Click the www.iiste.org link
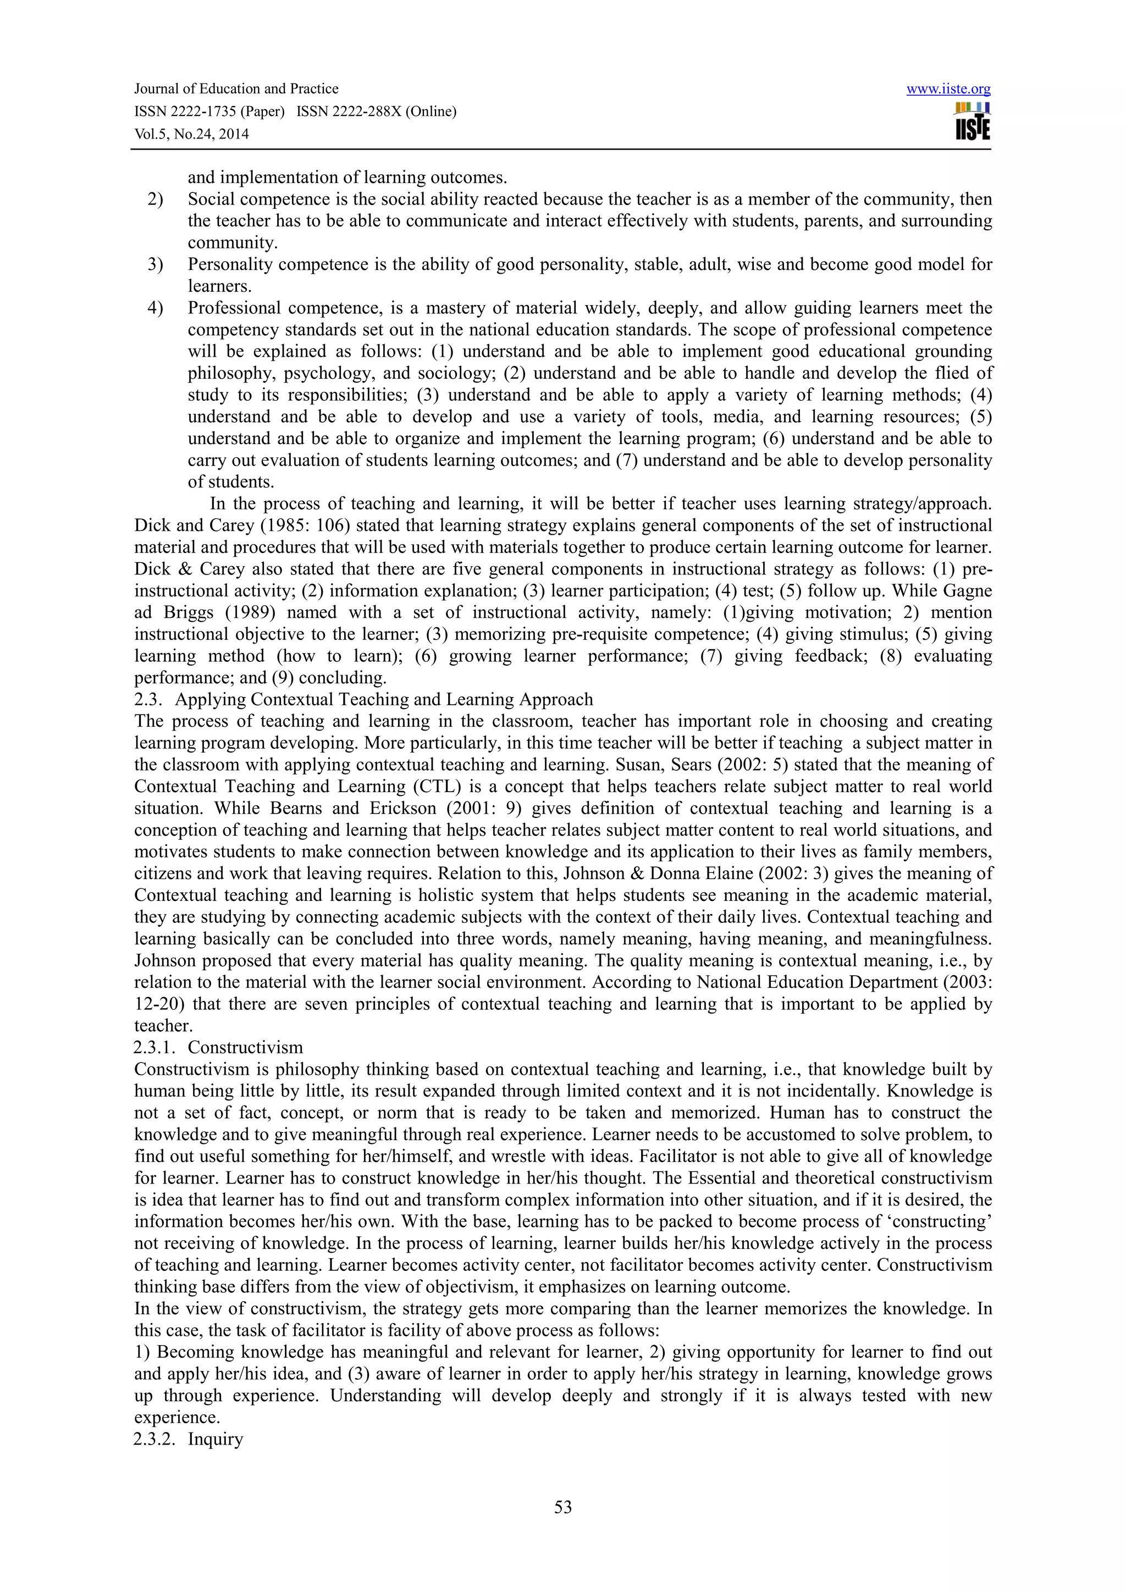[948, 89]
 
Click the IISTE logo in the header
[972, 121]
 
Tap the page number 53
[562, 1506]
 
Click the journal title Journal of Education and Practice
[236, 89]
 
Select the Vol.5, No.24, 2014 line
[191, 134]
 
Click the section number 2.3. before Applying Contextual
[148, 699]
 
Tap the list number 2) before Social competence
[154, 199]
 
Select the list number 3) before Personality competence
[154, 264]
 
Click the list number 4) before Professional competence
[154, 308]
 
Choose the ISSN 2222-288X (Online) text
[376, 112]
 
